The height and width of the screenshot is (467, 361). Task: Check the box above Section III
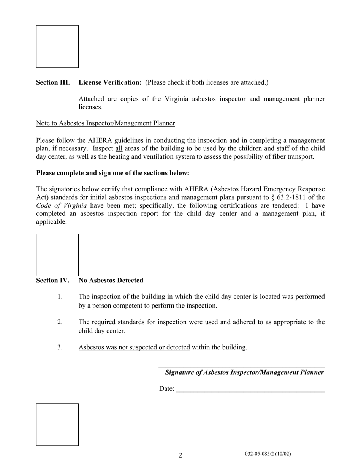[57, 46]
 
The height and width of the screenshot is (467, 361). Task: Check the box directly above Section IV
[57, 255]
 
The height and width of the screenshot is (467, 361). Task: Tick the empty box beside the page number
[57, 424]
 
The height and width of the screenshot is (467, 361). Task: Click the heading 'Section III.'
[53, 82]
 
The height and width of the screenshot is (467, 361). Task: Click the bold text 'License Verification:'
[110, 82]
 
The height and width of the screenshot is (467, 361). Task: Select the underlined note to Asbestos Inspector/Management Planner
[105, 123]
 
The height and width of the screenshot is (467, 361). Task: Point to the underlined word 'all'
[119, 148]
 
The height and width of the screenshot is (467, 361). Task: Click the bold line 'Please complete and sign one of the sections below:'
[112, 173]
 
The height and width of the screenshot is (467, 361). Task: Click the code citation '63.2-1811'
[291, 197]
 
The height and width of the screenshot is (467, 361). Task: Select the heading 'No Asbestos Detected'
[111, 280]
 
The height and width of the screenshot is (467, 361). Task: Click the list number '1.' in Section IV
[60, 297]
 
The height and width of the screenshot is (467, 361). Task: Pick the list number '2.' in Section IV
[60, 322]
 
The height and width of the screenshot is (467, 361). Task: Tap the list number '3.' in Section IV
[60, 347]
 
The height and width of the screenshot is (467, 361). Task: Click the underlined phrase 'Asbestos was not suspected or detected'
[134, 347]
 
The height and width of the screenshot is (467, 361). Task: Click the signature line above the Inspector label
[241, 366]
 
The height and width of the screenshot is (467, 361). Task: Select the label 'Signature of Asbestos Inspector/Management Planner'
[244, 372]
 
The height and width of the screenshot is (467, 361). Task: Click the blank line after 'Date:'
[251, 390]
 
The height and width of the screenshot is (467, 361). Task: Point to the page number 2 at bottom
[180, 455]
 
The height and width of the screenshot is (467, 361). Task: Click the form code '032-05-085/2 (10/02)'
[268, 454]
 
